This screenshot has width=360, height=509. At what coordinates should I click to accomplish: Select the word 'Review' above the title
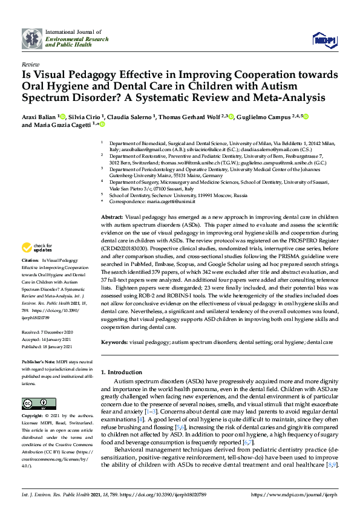(x=30, y=63)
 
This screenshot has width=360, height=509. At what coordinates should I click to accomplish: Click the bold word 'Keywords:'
(x=114, y=342)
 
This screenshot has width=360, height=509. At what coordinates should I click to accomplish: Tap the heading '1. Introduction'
(x=121, y=372)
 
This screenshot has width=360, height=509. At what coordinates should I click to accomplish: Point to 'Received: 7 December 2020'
(x=48, y=332)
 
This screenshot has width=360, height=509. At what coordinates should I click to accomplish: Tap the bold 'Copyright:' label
(x=34, y=417)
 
